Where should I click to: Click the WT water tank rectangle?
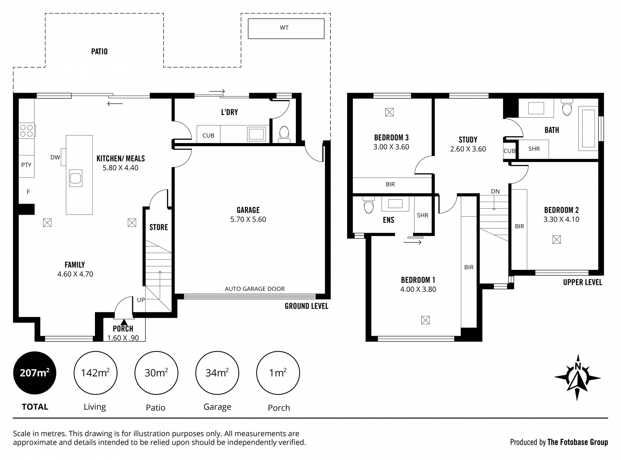(286, 29)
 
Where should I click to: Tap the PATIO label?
(99, 52)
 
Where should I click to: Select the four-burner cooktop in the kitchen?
(27, 131)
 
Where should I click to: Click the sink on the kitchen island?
(76, 178)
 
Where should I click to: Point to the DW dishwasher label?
(55, 157)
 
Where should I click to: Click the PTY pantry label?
(26, 165)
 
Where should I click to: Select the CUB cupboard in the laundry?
(208, 135)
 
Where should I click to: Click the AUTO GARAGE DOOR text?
(255, 289)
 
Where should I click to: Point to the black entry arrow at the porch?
(124, 322)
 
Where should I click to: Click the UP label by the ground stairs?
(141, 300)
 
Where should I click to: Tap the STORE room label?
(159, 227)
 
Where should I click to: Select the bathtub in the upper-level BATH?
(588, 129)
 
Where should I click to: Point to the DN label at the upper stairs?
(495, 192)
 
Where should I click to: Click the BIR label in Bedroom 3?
(390, 184)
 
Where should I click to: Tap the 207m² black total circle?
(35, 373)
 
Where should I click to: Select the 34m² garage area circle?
(217, 373)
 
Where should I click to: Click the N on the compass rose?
(578, 367)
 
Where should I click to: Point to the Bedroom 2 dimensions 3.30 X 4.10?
(561, 219)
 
